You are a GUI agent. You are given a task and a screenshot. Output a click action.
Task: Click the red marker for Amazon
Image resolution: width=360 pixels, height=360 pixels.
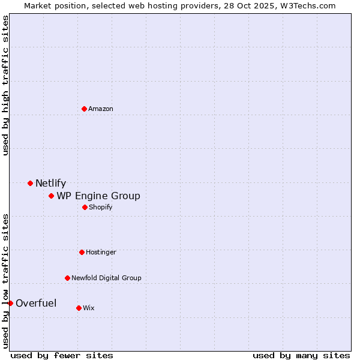pyautogui.click(x=84, y=109)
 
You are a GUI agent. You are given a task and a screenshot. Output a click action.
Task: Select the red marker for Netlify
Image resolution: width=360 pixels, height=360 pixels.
pyautogui.click(x=30, y=183)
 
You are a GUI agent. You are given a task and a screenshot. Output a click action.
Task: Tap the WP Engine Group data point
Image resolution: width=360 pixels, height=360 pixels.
pyautogui.click(x=51, y=196)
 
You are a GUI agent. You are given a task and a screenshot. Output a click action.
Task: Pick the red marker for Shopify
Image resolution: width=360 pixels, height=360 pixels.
pyautogui.click(x=85, y=207)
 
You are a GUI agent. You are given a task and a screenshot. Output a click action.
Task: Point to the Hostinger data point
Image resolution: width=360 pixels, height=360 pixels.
pyautogui.click(x=82, y=252)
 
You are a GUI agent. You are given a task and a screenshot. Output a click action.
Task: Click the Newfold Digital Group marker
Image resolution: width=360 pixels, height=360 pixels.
pyautogui.click(x=67, y=278)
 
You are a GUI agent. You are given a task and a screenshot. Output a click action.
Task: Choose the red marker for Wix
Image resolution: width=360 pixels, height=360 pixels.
pyautogui.click(x=79, y=308)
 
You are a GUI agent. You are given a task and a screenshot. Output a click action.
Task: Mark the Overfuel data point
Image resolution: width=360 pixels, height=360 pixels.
pyautogui.click(x=10, y=303)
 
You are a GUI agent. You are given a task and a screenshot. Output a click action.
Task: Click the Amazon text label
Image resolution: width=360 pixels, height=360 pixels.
pyautogui.click(x=101, y=109)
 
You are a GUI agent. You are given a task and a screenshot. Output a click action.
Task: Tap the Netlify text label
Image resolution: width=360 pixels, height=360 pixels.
pyautogui.click(x=50, y=184)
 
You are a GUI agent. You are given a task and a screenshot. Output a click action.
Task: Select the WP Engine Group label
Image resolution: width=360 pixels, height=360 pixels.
pyautogui.click(x=98, y=196)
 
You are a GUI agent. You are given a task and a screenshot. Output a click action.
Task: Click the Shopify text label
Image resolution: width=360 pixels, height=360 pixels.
pyautogui.click(x=100, y=207)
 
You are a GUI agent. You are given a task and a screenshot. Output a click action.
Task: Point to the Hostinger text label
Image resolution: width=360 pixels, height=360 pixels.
pyautogui.click(x=101, y=252)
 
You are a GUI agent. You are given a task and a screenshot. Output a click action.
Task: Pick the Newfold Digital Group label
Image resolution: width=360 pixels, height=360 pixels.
pyautogui.click(x=106, y=278)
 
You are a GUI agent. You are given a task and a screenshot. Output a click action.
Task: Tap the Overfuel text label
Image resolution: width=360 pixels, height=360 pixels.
pyautogui.click(x=36, y=303)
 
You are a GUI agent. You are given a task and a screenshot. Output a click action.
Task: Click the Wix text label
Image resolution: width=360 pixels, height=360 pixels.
pyautogui.click(x=88, y=308)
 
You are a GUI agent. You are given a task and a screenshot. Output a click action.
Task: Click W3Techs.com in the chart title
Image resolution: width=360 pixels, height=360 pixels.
pyautogui.click(x=306, y=5)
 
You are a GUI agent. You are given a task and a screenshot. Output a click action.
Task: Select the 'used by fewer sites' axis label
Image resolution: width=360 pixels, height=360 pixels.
pyautogui.click(x=62, y=355)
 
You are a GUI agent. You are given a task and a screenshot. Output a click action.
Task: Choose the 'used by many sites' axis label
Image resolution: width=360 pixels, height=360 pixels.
pyautogui.click(x=301, y=355)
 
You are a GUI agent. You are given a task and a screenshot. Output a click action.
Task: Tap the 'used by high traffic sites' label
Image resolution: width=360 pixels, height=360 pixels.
pyautogui.click(x=5, y=85)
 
